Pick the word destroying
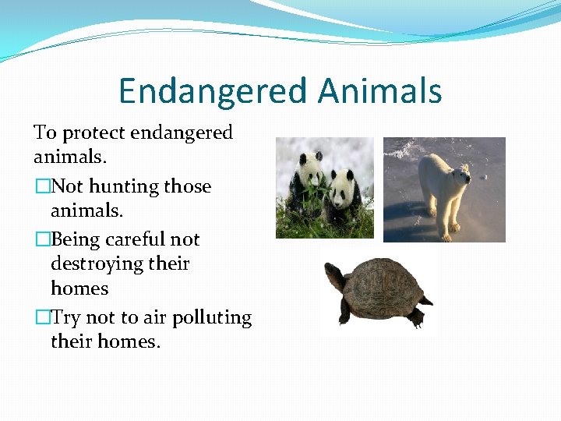click(98, 264)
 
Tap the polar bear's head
click(460, 175)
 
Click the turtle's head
click(333, 274)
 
